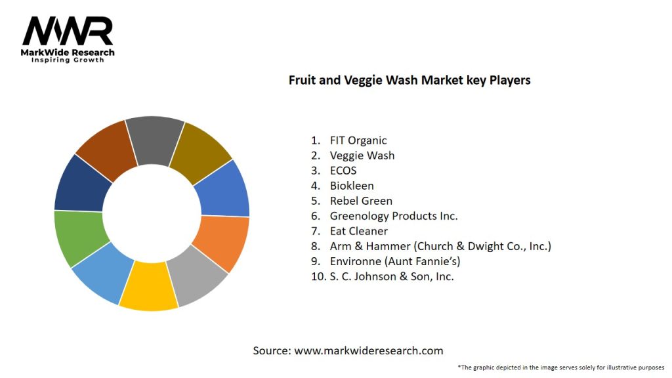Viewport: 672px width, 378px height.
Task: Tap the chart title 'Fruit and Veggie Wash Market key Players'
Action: tap(409, 80)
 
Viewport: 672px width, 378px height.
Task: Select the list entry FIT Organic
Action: tap(358, 140)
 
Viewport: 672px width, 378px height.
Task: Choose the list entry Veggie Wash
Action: tap(362, 156)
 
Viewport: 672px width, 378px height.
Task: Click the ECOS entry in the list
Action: tap(343, 171)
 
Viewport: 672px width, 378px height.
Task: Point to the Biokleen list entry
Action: tap(352, 186)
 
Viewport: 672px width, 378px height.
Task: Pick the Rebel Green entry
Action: tap(361, 201)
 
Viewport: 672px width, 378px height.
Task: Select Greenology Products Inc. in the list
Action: tap(394, 216)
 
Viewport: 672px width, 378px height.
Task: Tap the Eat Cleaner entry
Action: tap(358, 231)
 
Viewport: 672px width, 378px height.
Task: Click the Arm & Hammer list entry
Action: tap(440, 246)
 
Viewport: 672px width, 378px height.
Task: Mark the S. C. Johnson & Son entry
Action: tap(392, 276)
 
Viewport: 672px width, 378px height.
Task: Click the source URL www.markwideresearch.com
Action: tap(369, 350)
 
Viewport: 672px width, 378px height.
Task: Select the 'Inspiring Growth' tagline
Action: tap(68, 60)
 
